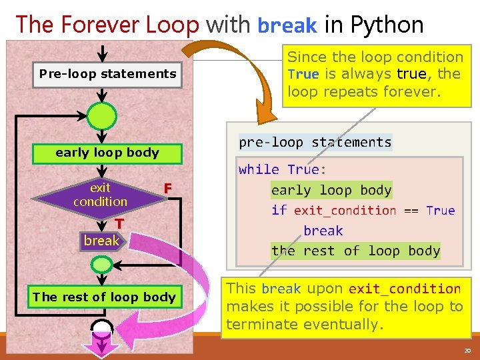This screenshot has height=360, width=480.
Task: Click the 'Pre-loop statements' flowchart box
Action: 107,74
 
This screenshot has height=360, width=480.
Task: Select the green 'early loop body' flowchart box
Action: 107,153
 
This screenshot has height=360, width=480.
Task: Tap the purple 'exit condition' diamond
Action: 100,195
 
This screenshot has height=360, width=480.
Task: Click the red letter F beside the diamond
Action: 169,189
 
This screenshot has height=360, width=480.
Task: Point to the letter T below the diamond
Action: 118,224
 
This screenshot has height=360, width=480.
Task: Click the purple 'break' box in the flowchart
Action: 101,241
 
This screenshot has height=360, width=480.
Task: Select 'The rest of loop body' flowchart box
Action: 104,297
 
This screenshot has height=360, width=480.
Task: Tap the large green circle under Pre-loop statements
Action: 103,115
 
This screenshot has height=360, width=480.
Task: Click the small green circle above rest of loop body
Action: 101,265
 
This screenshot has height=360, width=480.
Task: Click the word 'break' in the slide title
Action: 287,26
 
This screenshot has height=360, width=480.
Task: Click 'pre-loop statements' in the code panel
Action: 315,142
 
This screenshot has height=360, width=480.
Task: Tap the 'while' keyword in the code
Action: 259,169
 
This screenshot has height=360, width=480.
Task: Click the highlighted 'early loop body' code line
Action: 331,190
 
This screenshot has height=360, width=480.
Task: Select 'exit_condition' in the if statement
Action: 345,211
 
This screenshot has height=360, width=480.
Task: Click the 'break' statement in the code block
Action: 323,231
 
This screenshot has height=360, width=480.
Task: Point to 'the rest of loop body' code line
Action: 356,251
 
